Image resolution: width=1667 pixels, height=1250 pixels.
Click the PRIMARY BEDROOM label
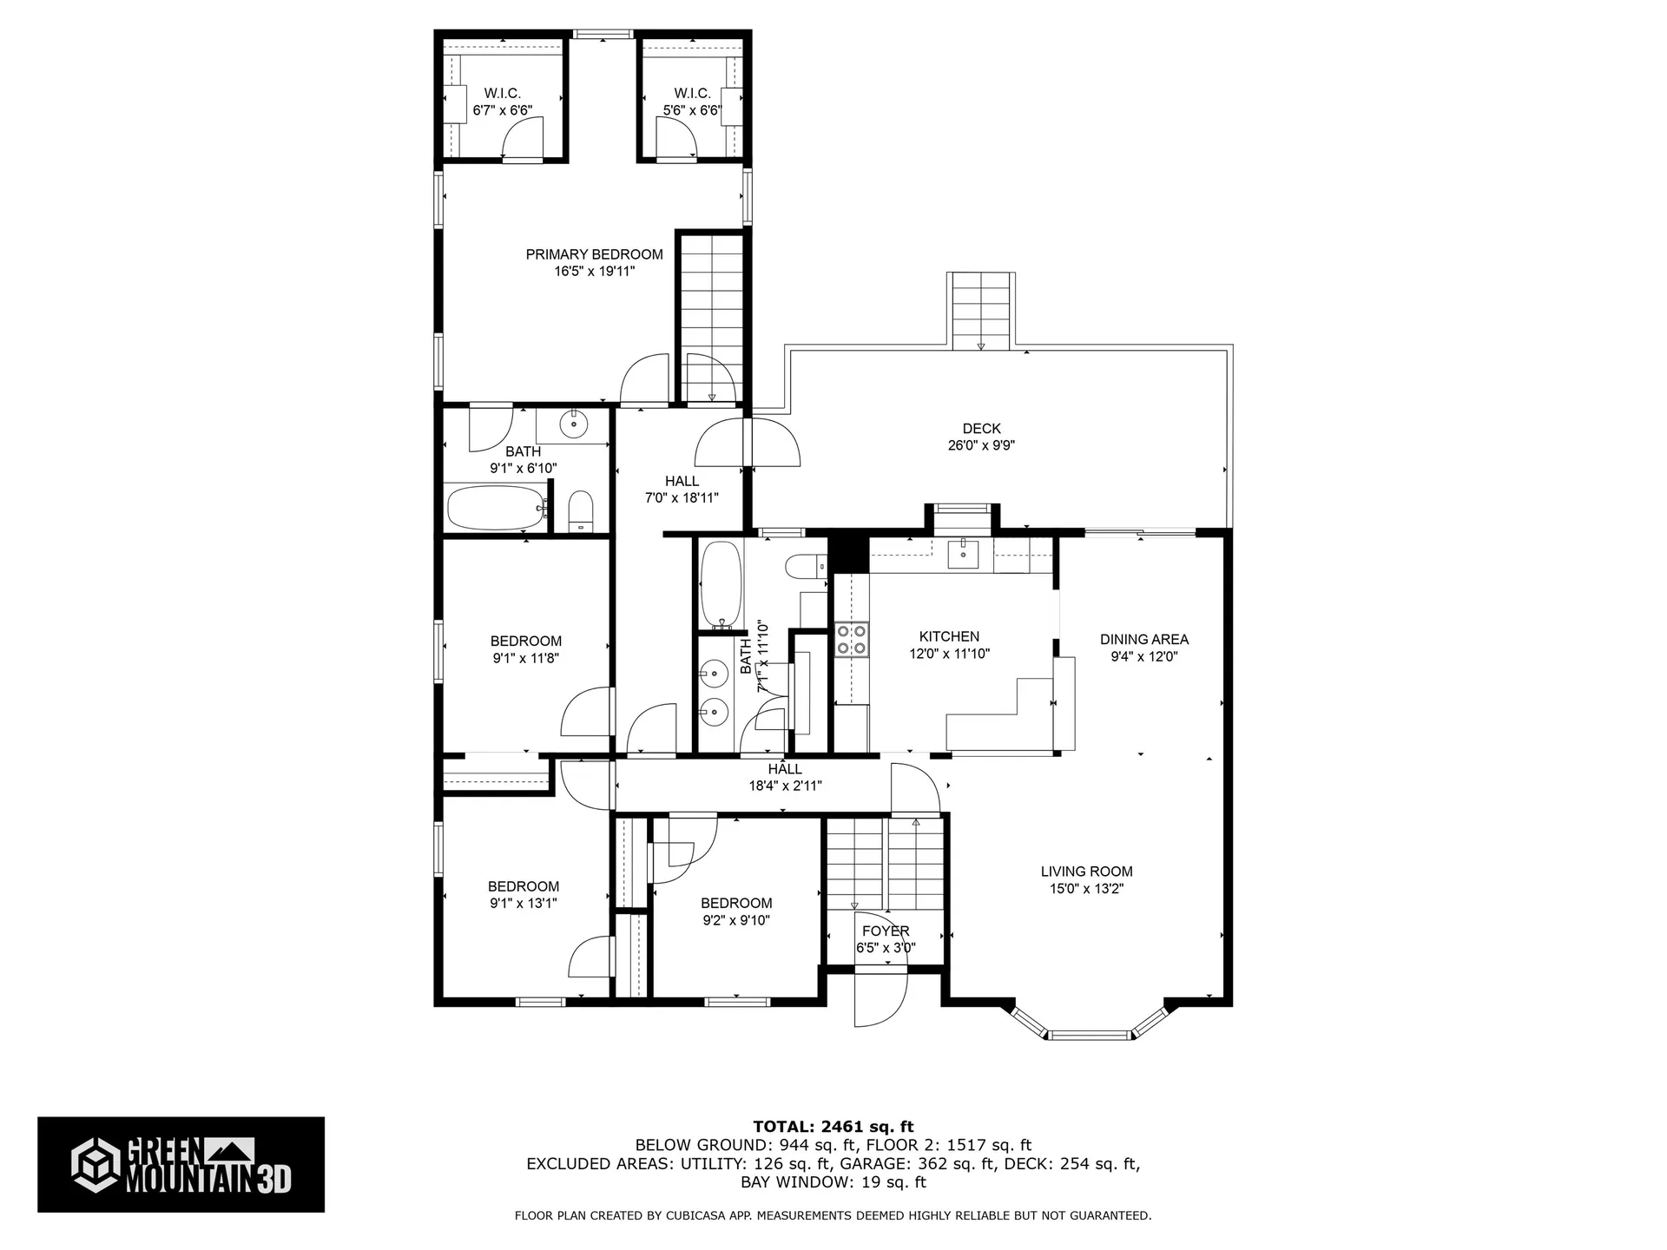(594, 254)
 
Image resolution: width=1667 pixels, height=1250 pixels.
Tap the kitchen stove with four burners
(851, 640)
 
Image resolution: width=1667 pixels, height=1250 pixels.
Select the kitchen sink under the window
(962, 552)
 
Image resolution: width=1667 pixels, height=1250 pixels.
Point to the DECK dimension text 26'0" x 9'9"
(981, 445)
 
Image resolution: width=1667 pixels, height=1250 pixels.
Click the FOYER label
(886, 931)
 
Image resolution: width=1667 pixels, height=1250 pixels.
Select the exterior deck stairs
(982, 311)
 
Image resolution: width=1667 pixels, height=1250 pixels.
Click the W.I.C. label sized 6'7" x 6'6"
(502, 93)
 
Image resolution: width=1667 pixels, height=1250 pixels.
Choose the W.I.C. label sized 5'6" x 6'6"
(692, 93)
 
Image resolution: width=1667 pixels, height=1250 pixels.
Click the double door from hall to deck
(747, 443)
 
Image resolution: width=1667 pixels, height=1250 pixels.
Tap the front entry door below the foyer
(880, 998)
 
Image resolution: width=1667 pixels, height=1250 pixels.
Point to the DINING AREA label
(1143, 639)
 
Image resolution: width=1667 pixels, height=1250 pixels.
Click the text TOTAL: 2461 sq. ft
(833, 1127)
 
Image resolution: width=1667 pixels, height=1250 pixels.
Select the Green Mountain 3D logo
(181, 1164)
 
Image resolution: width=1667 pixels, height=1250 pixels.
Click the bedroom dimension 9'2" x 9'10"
(736, 920)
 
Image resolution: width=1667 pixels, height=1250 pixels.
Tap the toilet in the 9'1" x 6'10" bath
(580, 511)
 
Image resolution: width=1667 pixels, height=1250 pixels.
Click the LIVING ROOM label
(1086, 872)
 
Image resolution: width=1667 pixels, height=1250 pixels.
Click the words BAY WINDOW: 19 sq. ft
(833, 1182)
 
